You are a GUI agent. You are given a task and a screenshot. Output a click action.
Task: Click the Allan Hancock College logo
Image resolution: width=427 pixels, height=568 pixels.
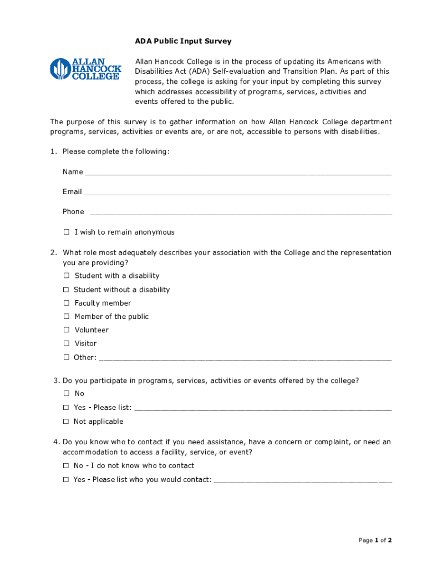(85, 69)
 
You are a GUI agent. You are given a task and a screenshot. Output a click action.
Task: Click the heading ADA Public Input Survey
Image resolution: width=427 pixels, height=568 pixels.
(183, 42)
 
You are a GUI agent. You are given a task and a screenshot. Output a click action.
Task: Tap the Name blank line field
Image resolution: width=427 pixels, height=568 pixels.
(238, 173)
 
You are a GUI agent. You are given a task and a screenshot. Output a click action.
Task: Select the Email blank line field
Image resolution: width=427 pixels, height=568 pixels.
(237, 192)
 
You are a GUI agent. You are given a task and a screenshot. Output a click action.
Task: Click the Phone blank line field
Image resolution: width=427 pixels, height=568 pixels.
(241, 212)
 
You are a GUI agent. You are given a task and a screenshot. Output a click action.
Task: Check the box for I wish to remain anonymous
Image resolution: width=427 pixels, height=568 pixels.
(66, 232)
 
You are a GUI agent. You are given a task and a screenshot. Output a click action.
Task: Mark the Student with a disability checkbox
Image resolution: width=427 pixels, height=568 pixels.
(66, 276)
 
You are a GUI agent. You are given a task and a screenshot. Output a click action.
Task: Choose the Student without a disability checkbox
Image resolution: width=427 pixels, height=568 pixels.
(66, 290)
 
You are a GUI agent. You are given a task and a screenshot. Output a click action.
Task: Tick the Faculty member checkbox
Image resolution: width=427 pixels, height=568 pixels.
(66, 303)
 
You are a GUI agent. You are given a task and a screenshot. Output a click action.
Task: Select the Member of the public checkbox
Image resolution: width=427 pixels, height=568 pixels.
(66, 317)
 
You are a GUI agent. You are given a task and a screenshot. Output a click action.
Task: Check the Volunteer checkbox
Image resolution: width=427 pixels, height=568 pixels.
(66, 330)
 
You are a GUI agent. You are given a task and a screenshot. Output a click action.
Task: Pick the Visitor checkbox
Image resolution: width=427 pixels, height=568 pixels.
(66, 343)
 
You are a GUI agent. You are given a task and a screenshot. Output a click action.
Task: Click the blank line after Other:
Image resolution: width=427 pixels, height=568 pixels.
(245, 358)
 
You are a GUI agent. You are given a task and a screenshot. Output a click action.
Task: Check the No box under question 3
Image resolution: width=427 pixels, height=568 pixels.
(66, 393)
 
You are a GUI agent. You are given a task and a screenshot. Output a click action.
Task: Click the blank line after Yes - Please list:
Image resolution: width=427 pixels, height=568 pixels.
(263, 408)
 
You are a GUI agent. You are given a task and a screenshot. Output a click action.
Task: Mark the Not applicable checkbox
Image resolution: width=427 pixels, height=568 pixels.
(66, 422)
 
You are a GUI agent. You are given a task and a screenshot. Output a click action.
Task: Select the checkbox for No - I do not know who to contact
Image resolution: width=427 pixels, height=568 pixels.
(66, 466)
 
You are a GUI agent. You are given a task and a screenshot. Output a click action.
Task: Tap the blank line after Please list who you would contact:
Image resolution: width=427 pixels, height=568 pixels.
(303, 480)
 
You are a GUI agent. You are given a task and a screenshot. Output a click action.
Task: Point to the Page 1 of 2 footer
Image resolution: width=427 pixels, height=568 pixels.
(375, 540)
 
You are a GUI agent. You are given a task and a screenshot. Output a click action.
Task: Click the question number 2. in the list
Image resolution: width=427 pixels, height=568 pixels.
(53, 253)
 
